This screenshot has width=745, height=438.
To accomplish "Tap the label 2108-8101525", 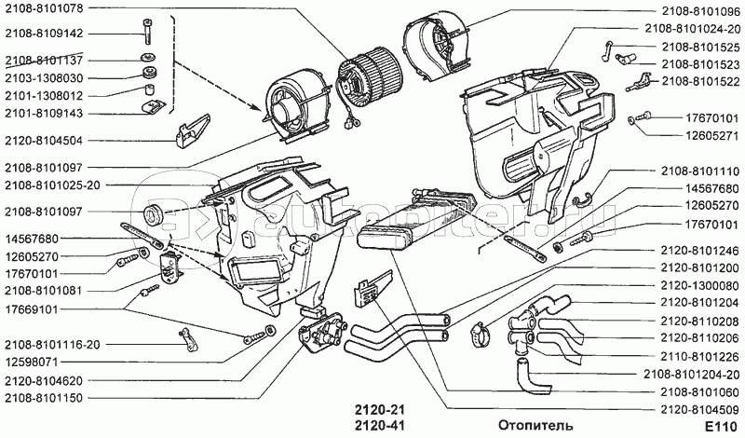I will point(700,47).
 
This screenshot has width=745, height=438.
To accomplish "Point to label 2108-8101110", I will point(700,171).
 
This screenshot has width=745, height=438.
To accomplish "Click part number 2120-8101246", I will point(700,251).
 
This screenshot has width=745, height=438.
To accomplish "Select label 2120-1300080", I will point(700,285).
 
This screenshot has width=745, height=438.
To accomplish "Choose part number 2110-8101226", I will point(700,356).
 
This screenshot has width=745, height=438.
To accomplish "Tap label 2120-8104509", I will point(700,408).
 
